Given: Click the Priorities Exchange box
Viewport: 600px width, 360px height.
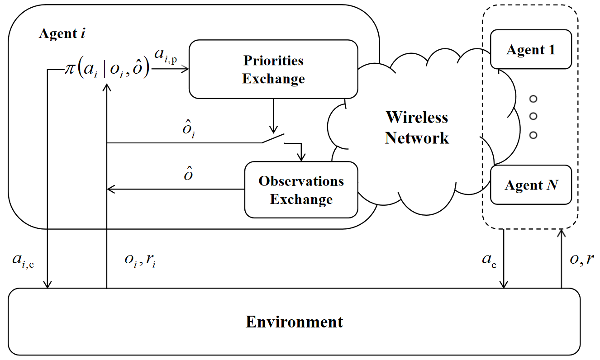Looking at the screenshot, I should (273, 69).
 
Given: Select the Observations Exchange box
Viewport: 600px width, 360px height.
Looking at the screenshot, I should (301, 190).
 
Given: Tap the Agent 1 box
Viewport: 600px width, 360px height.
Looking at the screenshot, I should (531, 49).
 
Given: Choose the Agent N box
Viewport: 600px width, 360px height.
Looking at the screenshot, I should (531, 185).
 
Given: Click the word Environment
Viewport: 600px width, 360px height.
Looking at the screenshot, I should (294, 322).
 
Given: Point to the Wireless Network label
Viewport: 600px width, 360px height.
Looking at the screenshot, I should (417, 127).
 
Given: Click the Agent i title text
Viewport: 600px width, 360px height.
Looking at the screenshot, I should (62, 33).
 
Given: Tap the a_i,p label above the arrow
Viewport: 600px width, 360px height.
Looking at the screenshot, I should (165, 55).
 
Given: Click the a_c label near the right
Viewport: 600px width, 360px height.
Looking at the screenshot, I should (489, 261).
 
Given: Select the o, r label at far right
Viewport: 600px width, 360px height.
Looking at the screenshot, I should (581, 261).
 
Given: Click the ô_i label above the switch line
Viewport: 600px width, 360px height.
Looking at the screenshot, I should (189, 131).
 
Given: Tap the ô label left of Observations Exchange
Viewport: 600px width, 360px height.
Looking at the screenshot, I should (188, 174).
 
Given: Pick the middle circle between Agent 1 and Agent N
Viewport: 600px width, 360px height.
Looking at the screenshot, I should (533, 116).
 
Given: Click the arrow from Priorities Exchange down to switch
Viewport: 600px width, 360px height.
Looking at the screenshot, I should (273, 115).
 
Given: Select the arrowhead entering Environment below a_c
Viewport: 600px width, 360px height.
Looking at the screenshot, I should (504, 284).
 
